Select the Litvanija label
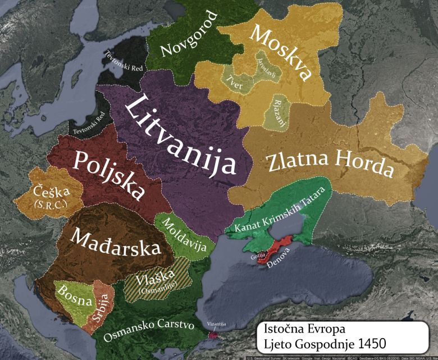[179, 134]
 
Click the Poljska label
[108, 174]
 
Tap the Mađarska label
[115, 243]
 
